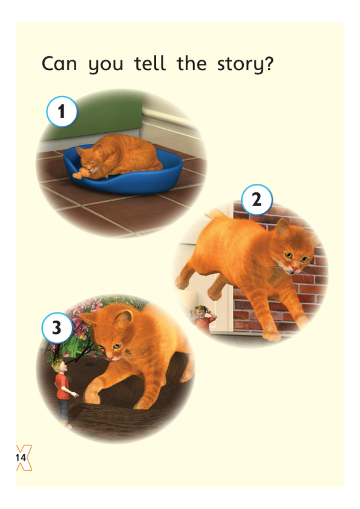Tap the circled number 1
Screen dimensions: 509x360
[62, 111]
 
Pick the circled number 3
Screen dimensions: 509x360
[56, 328]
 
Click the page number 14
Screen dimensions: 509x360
[21, 459]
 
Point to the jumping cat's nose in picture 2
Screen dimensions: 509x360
[294, 270]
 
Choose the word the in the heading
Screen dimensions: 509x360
[191, 63]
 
